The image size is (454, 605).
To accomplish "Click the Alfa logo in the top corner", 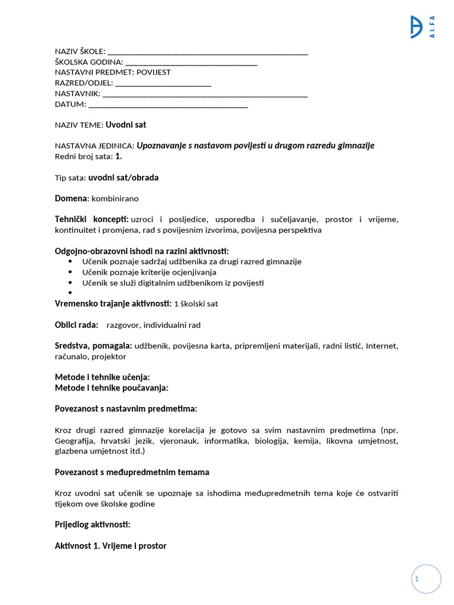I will [423, 27].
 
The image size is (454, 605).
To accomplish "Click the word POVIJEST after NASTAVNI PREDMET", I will [154, 72].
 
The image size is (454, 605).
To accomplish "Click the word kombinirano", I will [115, 199].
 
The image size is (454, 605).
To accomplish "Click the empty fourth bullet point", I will [70, 293].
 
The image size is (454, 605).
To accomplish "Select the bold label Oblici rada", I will [76, 325].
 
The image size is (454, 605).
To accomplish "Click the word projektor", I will [108, 357].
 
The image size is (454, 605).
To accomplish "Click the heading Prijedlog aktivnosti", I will [92, 525].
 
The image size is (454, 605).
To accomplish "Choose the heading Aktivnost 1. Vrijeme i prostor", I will [111, 546].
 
